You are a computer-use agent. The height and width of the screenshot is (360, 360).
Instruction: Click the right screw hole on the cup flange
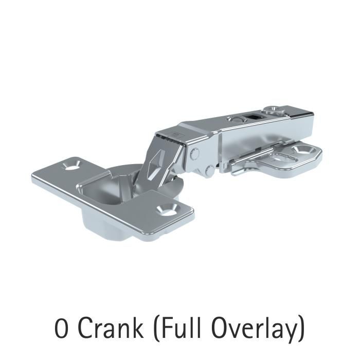(x=167, y=208)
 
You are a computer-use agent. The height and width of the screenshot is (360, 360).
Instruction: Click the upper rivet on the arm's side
(x=195, y=153)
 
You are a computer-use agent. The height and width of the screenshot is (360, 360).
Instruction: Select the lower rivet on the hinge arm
(x=210, y=170)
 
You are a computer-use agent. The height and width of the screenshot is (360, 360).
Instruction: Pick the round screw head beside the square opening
(x=236, y=119)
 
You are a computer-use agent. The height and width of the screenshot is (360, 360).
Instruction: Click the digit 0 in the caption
(x=61, y=328)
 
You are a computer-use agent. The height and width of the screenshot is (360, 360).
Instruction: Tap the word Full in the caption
(x=179, y=328)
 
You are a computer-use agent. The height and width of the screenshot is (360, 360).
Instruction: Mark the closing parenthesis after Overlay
(x=301, y=329)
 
